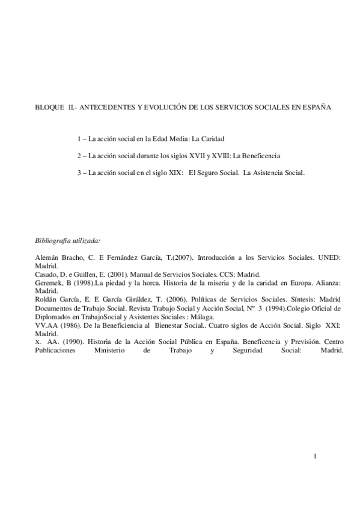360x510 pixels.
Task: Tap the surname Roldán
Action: (46, 299)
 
